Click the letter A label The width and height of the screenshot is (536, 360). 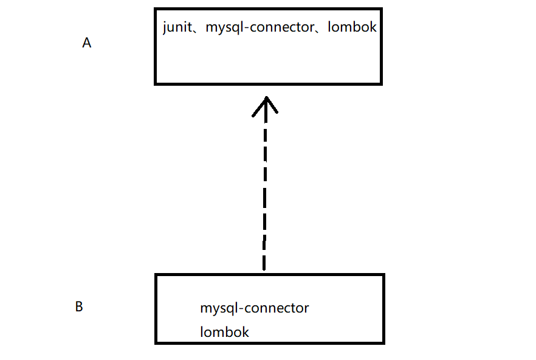tap(86, 44)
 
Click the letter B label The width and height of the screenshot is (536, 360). tap(79, 307)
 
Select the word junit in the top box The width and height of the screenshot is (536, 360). tap(176, 27)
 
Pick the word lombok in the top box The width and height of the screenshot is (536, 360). tap(352, 27)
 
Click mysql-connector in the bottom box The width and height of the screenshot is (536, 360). tap(255, 308)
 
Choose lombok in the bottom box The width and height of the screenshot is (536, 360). tap(224, 332)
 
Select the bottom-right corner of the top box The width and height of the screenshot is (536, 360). tap(380, 83)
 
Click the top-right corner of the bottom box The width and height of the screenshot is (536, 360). tap(383, 275)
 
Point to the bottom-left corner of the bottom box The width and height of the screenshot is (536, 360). tap(157, 342)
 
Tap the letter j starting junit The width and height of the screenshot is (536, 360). tap(165, 28)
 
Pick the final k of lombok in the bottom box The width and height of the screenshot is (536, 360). tap(246, 332)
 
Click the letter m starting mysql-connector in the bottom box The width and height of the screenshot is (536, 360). tap(206, 309)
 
